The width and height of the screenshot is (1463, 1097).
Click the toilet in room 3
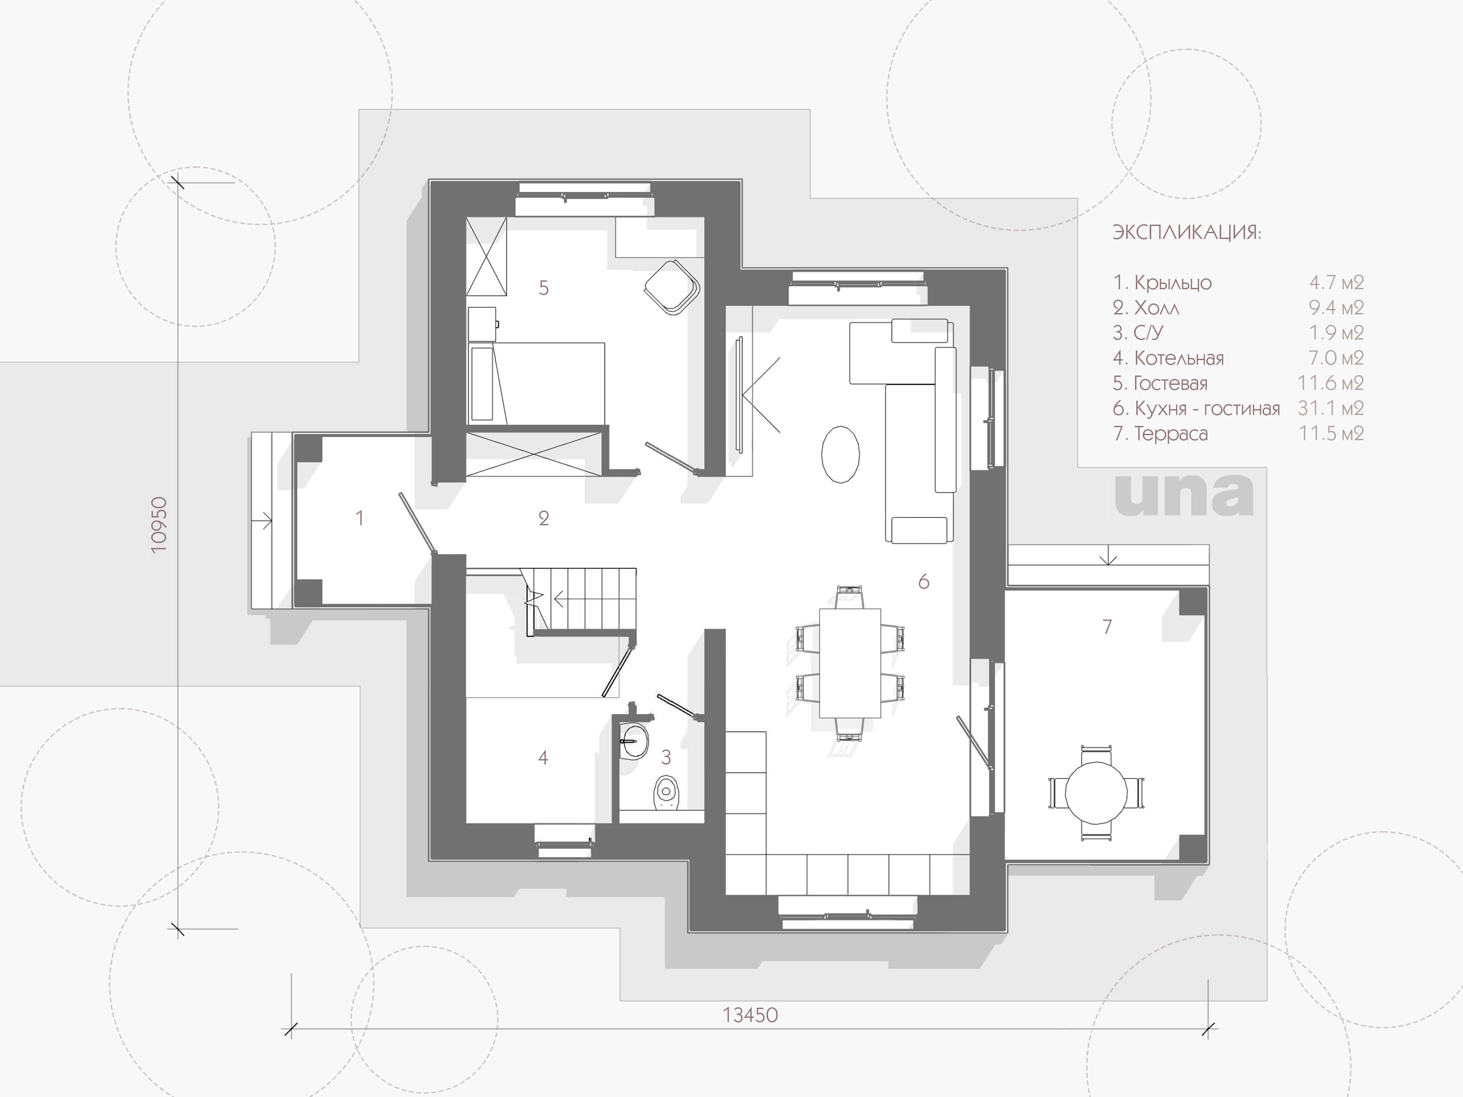point(666,792)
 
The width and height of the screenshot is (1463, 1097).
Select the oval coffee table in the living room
point(840,454)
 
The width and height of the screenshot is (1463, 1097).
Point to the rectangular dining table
point(850,663)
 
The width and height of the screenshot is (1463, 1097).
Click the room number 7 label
point(1107,626)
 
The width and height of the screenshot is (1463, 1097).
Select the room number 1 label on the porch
point(360,518)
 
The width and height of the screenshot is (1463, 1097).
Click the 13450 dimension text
point(750,1015)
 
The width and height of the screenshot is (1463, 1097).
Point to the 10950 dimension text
point(159,525)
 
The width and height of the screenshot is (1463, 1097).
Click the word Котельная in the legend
point(1179,358)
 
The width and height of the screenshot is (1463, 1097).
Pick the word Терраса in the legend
point(1171,434)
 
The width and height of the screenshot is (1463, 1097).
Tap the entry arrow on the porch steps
point(262,521)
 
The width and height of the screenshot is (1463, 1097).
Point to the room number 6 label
point(923,581)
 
